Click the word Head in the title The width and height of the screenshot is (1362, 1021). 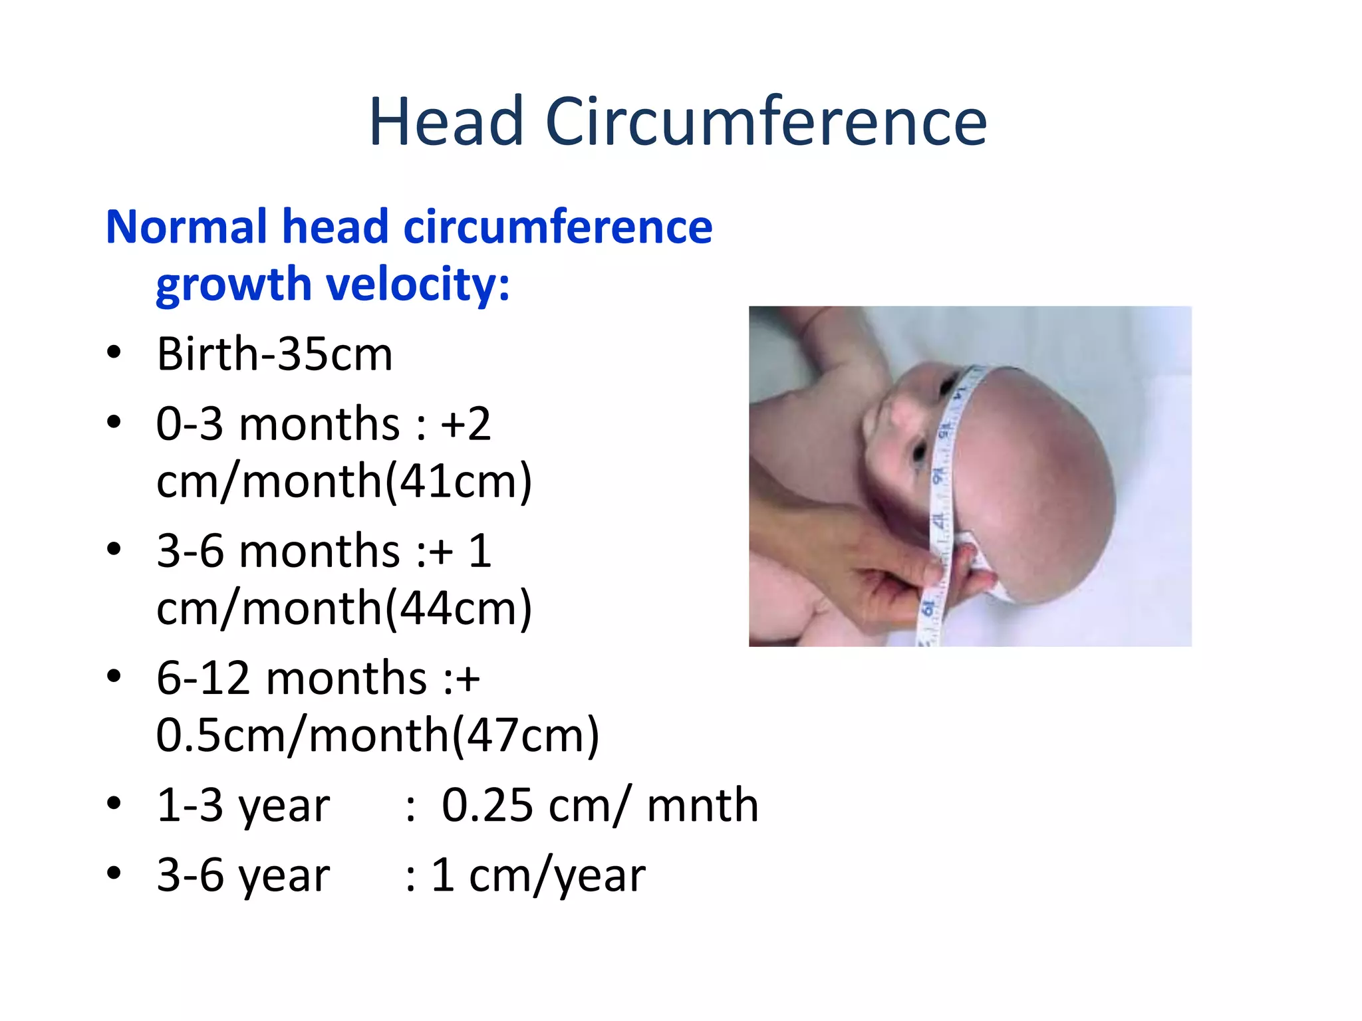pos(446,122)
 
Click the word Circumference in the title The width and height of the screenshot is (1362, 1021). pos(766,122)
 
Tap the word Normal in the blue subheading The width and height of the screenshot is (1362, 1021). pos(186,227)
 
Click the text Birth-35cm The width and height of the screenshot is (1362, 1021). pos(275,354)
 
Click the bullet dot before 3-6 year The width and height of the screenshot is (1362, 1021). pos(114,873)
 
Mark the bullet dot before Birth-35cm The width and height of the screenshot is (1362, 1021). pos(114,352)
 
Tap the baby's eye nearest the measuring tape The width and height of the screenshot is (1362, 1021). pos(920,453)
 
